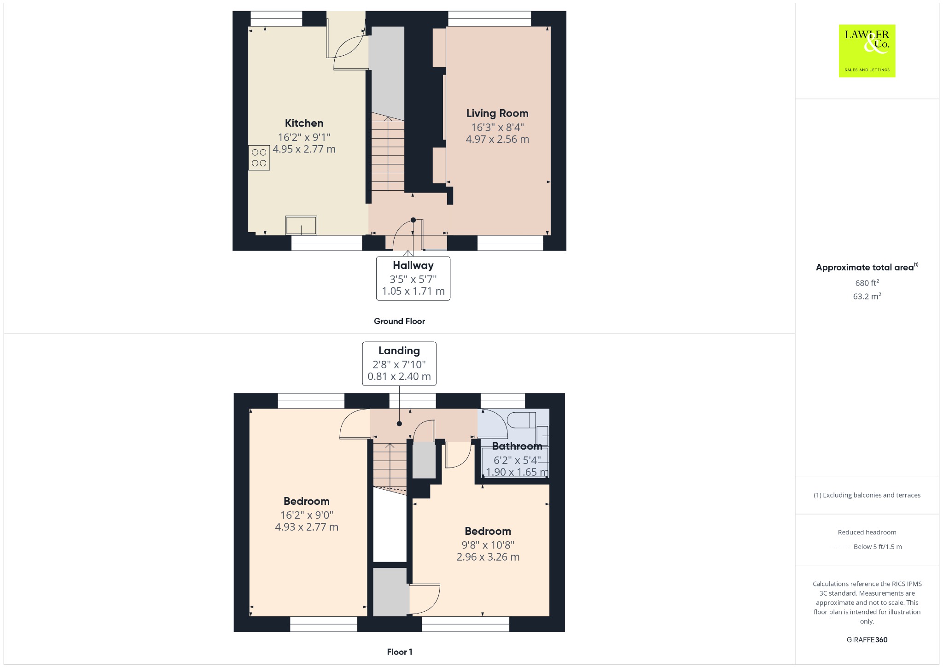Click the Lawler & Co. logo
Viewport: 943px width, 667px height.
click(x=867, y=51)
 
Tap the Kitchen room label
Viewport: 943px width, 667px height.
click(x=304, y=123)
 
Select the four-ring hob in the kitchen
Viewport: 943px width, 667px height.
click(x=259, y=158)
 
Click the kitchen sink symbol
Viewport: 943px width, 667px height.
click(x=301, y=226)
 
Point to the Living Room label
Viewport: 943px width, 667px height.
click(x=497, y=113)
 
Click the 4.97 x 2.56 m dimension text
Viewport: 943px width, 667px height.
click(x=497, y=139)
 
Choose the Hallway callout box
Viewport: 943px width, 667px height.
click(x=413, y=278)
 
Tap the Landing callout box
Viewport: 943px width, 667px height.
click(x=399, y=363)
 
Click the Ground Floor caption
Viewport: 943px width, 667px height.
click(x=399, y=321)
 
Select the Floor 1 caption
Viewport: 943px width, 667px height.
click(x=400, y=652)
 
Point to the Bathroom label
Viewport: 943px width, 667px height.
click(x=517, y=446)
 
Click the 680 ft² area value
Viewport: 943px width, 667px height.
click(x=867, y=283)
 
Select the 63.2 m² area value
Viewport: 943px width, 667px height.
click(x=867, y=296)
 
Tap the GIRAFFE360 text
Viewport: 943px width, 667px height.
click(x=867, y=639)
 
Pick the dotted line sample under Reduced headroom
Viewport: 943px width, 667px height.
click(x=840, y=547)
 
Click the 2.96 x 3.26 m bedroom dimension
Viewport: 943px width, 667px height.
click(x=488, y=557)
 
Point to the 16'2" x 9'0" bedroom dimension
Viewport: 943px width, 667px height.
click(x=307, y=515)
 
